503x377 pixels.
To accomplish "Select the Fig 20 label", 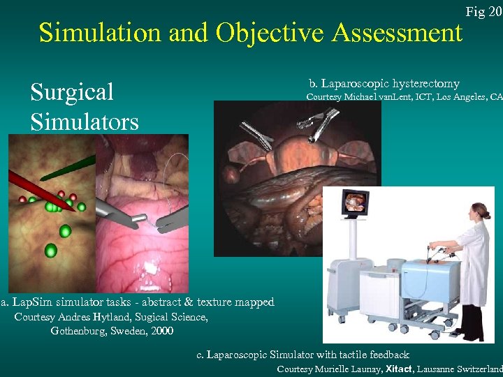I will click(x=483, y=11).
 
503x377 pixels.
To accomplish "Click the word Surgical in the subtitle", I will click(x=72, y=92).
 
